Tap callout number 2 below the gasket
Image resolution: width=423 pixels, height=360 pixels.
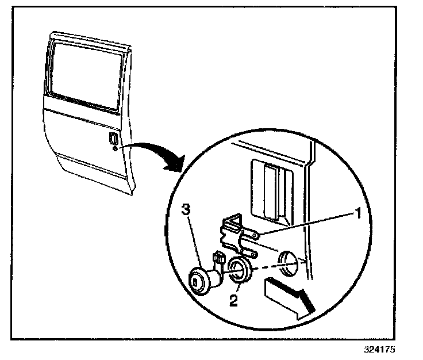tap(234, 300)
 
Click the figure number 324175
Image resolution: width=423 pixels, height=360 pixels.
tap(379, 349)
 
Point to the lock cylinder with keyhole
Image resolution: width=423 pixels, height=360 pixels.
tap(203, 281)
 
